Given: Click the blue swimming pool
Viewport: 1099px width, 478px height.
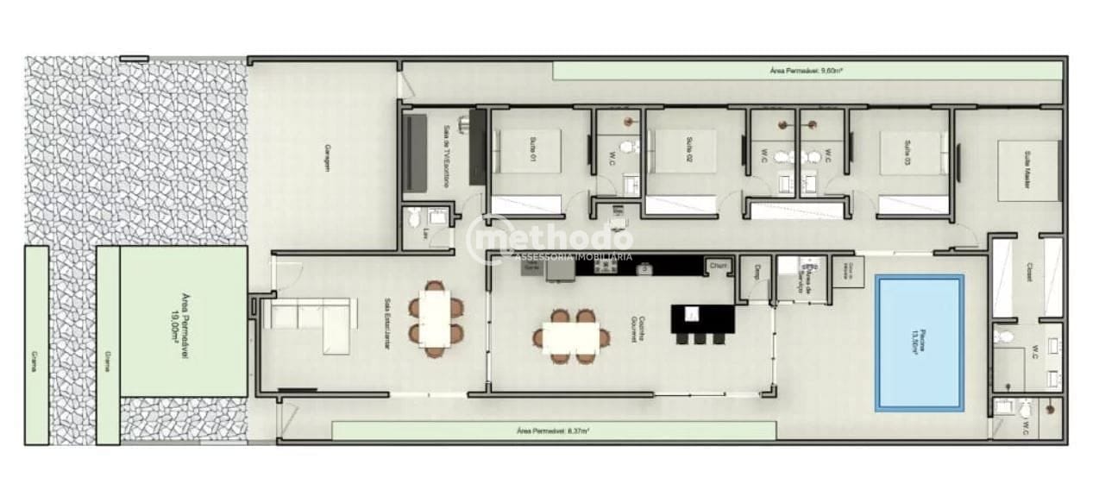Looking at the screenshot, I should (x=920, y=343).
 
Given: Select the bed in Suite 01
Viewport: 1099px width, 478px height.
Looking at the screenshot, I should (x=527, y=152).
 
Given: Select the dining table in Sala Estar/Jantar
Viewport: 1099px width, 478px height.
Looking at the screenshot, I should (x=434, y=317).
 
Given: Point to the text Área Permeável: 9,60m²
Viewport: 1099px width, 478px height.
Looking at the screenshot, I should (x=806, y=71).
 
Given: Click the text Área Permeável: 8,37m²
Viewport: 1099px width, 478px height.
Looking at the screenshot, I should (x=553, y=430).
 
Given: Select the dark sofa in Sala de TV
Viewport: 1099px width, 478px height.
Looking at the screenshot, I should (x=417, y=154).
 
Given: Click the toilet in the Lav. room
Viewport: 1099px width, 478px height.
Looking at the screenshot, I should (x=412, y=216).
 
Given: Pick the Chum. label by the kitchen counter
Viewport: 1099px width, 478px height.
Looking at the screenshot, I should (x=719, y=266).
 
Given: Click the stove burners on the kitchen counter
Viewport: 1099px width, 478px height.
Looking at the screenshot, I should (x=603, y=268).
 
